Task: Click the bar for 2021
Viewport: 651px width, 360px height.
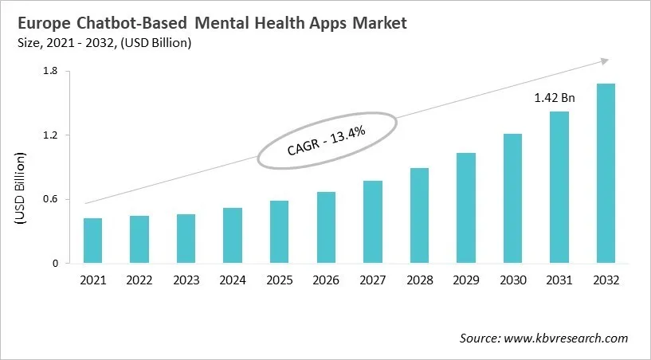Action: tap(93, 241)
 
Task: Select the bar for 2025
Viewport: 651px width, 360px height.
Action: tap(279, 232)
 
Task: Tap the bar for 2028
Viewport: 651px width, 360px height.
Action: tap(419, 215)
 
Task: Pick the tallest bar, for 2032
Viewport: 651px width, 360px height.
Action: tap(605, 173)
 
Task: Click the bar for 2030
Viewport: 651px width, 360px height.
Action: tap(512, 198)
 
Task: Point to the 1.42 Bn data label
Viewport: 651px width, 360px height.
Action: tap(554, 98)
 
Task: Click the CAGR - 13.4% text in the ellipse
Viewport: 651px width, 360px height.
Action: tap(326, 139)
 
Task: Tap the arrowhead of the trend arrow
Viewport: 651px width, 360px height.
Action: tap(604, 60)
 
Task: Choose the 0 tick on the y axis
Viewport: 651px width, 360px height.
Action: tap(55, 263)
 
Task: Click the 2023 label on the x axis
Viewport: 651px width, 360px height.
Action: tap(186, 280)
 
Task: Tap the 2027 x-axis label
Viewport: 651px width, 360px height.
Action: tap(372, 280)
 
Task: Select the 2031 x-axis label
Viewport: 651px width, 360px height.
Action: tap(559, 280)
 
